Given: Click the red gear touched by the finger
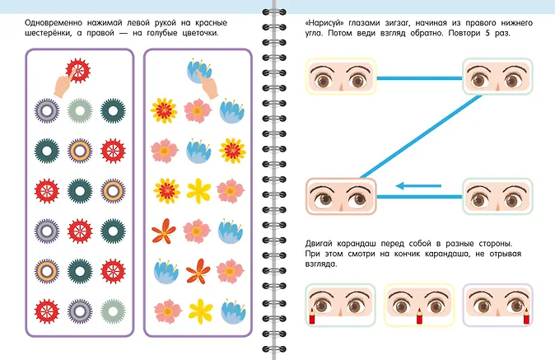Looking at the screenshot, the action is coord(78,71).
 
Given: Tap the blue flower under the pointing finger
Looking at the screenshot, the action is coord(198,71).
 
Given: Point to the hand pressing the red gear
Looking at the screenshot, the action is coord(64,83).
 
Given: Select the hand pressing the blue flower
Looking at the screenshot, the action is coord(208,85).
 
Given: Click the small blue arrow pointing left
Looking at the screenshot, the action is coord(418,186).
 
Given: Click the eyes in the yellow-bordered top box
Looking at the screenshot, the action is coord(341,77).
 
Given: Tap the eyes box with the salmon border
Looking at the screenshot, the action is coord(341,196).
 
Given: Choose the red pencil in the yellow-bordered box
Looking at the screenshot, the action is coord(419,316).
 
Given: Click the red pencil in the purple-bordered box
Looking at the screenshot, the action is coord(526,316).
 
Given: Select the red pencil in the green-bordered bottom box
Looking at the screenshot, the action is coord(312,316).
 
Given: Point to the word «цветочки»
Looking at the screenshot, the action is coord(200,33).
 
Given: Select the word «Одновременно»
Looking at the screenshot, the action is coord(54,23).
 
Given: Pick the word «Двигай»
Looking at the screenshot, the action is coord(319,244).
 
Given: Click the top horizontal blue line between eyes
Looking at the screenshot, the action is coord(419,78).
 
